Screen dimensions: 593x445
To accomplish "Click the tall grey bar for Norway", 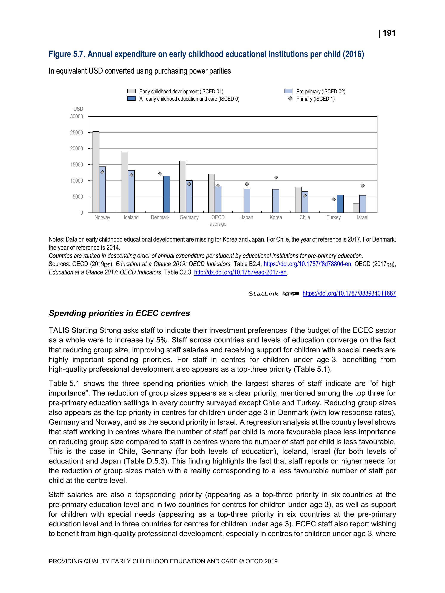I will click(x=96, y=172).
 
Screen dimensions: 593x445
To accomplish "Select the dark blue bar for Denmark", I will click(x=167, y=194).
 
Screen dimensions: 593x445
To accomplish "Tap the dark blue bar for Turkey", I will click(x=340, y=204).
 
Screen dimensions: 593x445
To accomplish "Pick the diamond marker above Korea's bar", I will click(x=276, y=177).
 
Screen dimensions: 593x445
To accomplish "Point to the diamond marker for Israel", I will click(x=363, y=185).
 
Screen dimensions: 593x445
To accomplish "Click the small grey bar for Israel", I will click(x=356, y=208).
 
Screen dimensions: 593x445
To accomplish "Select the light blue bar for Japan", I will click(x=247, y=201).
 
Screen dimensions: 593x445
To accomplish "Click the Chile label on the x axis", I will click(x=305, y=217).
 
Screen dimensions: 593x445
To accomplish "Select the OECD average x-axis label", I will click(x=218, y=220).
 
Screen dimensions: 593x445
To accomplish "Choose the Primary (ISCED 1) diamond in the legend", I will click(x=290, y=99).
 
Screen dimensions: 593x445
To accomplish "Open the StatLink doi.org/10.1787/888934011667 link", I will click(x=349, y=293).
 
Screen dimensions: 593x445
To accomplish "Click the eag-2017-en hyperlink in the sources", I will click(x=240, y=272).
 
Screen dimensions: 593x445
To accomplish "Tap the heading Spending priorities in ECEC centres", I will click(x=119, y=313).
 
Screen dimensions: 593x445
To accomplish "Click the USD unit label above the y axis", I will click(x=78, y=109).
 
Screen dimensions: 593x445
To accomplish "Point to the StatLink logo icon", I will click(x=290, y=294).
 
